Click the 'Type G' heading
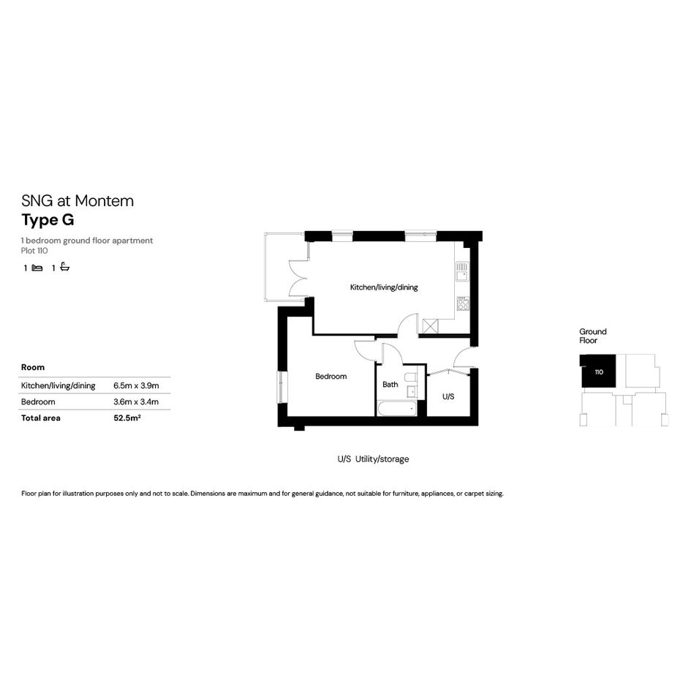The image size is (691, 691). coord(48,220)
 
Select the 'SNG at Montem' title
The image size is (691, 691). coord(78,201)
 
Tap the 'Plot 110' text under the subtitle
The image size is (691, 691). coord(34,251)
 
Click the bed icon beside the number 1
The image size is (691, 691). coord(37,268)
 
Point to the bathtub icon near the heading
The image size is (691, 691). coord(65,267)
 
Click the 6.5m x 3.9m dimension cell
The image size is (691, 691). coord(136,385)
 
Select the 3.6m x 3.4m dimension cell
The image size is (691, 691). coord(136,402)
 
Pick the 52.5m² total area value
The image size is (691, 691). coord(127,418)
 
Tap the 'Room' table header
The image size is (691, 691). coord(33,368)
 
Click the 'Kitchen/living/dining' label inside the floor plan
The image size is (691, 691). coord(384,287)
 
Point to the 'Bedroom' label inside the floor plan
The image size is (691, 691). coord(331,377)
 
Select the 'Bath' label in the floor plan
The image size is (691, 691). coord(390,385)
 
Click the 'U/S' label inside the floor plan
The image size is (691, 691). coord(448,396)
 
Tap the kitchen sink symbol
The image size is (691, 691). coord(462,271)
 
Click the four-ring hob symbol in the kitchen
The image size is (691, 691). coord(463,303)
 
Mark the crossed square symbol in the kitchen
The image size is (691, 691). coord(431,327)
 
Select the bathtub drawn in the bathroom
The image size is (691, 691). coord(397,409)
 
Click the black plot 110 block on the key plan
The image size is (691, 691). coord(597,371)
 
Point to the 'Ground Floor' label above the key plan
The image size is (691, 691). coord(593,336)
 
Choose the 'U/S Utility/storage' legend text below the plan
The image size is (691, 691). coord(373,458)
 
